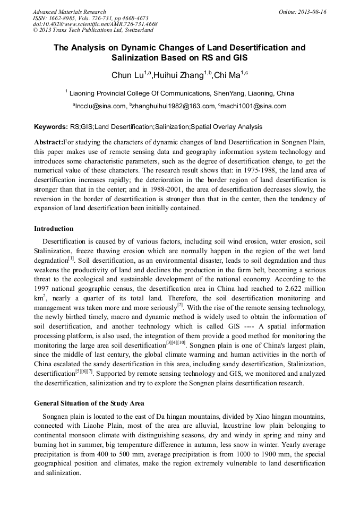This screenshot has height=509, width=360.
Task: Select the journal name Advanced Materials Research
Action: click(69, 12)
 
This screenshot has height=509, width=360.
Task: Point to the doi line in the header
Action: click(95, 24)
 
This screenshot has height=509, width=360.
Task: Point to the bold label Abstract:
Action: click(48, 143)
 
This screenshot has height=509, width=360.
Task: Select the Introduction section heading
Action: click(54, 229)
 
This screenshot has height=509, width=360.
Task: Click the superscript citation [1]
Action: click(71, 258)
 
